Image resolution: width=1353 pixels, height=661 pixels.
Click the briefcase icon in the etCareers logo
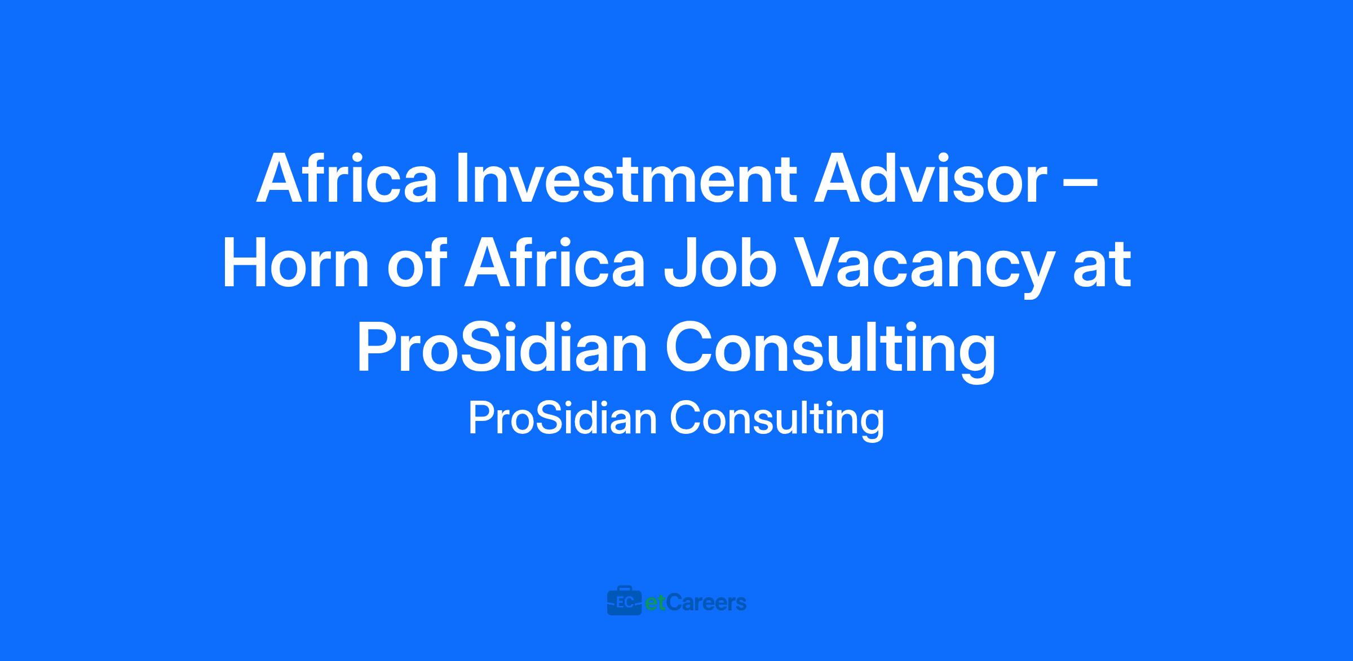(624, 602)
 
